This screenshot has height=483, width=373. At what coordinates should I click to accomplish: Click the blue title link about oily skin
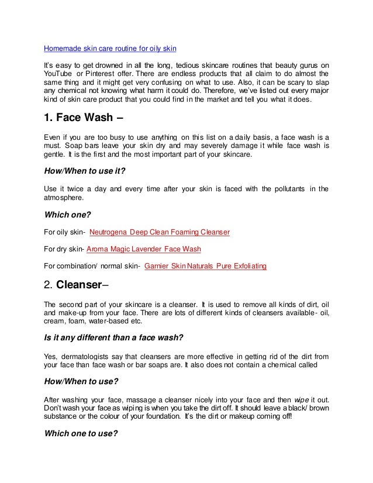[110, 47]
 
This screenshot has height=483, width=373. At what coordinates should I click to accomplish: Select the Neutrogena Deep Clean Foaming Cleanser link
[159, 232]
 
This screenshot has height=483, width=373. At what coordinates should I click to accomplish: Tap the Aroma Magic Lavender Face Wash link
[143, 249]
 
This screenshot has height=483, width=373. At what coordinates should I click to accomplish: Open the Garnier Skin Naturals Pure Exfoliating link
[205, 266]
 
